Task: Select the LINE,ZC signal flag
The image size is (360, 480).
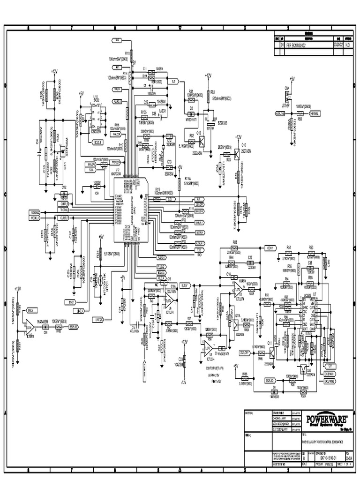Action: pyautogui.click(x=99, y=320)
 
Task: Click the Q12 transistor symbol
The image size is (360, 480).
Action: pyautogui.click(x=202, y=140)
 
